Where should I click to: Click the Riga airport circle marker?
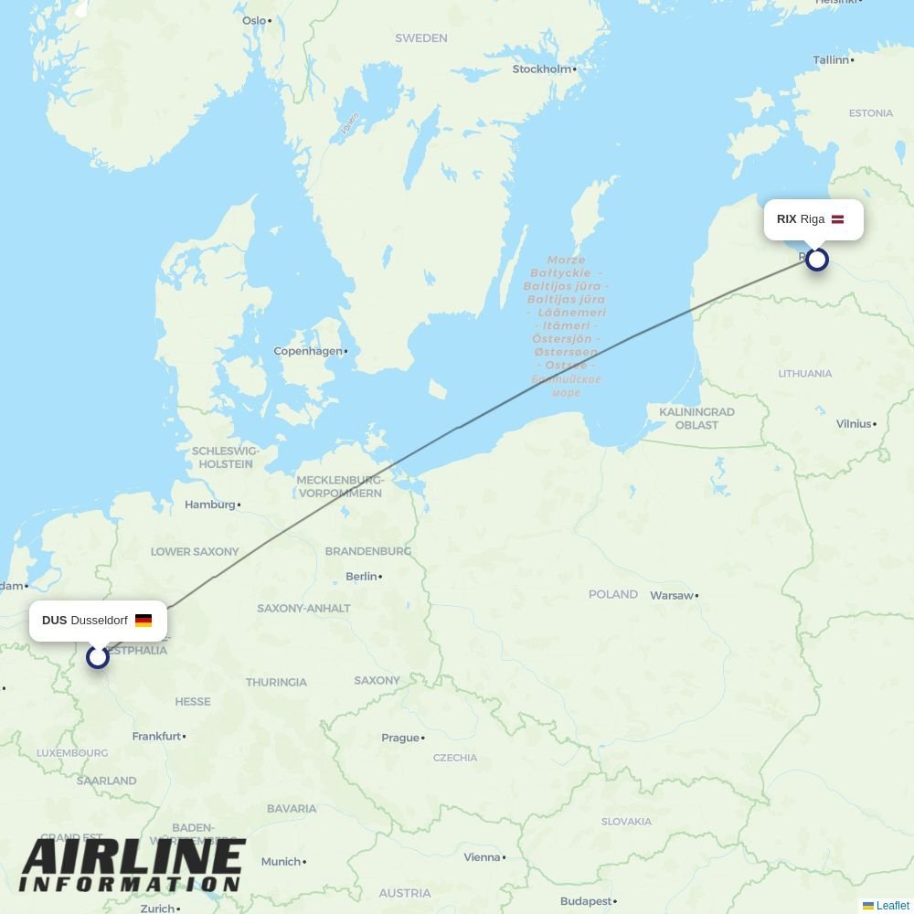(x=817, y=260)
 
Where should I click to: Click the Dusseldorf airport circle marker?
(x=98, y=656)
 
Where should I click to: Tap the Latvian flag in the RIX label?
(x=837, y=219)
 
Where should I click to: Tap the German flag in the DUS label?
(x=143, y=621)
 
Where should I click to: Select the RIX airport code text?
(x=786, y=219)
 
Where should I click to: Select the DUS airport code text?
(x=54, y=621)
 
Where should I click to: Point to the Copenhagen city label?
(x=309, y=351)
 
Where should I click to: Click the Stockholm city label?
(x=542, y=69)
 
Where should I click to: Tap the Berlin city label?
(x=362, y=577)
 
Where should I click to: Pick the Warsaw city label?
(x=672, y=596)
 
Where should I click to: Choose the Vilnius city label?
(x=854, y=424)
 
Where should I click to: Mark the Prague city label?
(x=400, y=739)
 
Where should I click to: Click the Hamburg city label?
(x=210, y=505)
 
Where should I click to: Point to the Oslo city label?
(x=254, y=21)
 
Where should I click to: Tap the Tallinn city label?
(x=831, y=60)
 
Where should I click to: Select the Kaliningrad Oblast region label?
(x=696, y=419)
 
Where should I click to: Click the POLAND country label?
(x=612, y=594)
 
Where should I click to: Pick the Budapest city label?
(x=586, y=901)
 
